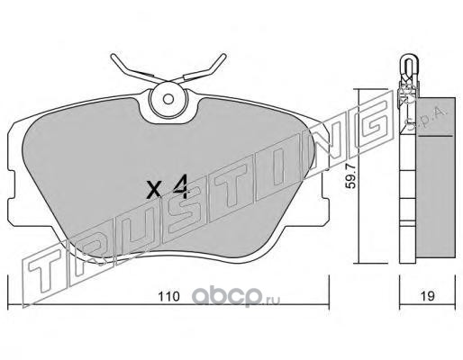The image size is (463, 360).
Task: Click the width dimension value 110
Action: click(x=168, y=297)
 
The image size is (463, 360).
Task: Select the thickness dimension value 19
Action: click(x=427, y=296)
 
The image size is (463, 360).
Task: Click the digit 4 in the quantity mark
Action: click(x=181, y=186)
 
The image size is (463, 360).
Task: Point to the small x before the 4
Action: click(x=154, y=189)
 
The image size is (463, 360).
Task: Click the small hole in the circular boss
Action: click(x=168, y=99)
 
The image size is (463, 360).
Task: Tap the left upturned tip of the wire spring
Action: click(x=113, y=57)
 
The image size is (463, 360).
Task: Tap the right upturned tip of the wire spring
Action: click(x=223, y=56)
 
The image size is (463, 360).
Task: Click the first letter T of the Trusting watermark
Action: click(x=47, y=272)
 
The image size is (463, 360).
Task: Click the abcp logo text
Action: click(x=227, y=295)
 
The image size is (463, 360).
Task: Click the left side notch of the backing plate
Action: click(x=11, y=184)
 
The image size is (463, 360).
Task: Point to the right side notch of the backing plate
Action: click(x=325, y=184)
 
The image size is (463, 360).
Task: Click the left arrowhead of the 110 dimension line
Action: click(x=8, y=305)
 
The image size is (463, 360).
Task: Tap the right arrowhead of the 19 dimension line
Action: click(x=454, y=305)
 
